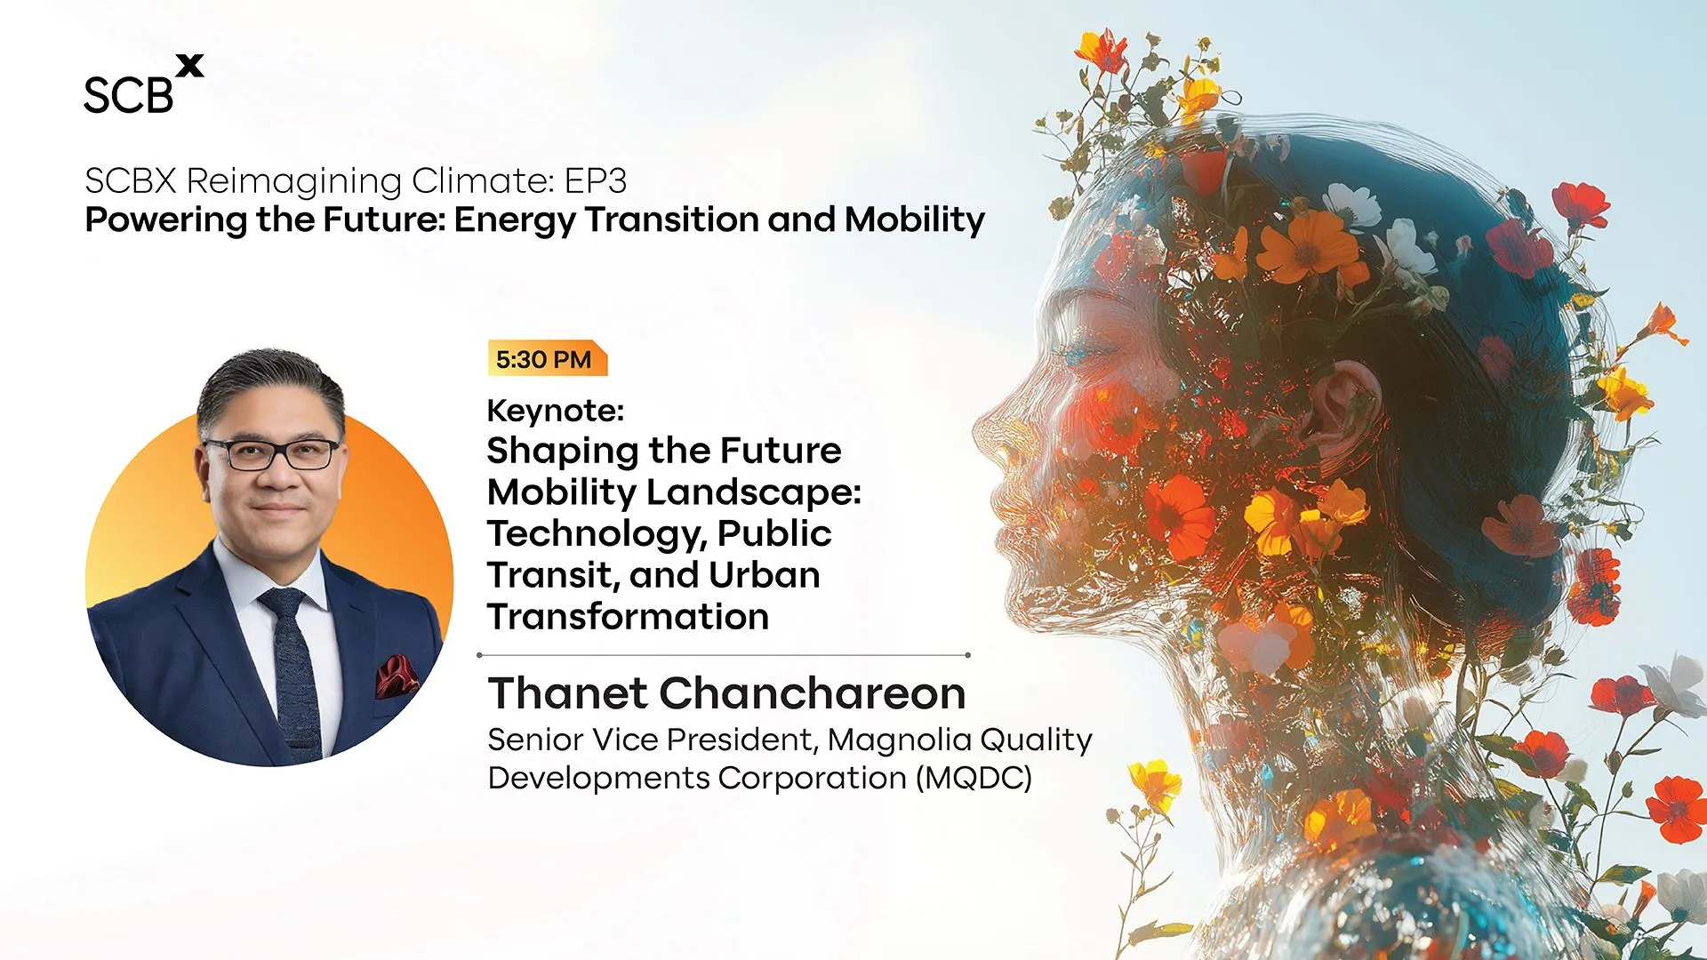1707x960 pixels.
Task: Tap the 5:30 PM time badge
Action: pos(547,359)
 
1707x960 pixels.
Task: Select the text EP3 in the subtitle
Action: pos(596,180)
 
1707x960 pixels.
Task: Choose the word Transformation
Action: pos(628,616)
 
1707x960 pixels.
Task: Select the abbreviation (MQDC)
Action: pos(974,778)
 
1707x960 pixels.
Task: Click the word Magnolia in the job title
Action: pos(899,740)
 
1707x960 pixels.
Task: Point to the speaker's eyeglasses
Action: pos(271,453)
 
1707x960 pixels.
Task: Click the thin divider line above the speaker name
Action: pos(724,655)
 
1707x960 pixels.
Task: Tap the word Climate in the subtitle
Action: pos(483,180)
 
